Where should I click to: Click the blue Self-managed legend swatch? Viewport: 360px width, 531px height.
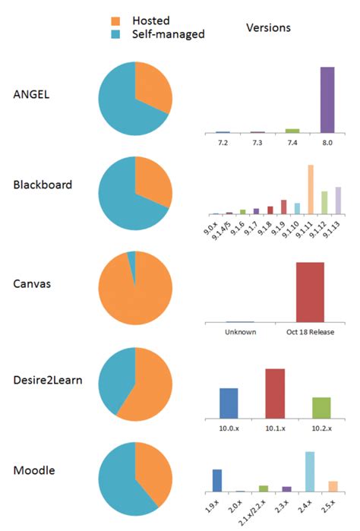pos(115,34)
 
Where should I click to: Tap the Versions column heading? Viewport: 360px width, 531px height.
pos(268,28)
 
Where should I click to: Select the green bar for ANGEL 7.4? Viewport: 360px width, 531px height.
pos(292,131)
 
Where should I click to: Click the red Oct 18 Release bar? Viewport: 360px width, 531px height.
pos(310,292)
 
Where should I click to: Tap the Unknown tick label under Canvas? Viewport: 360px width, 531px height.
pos(240,332)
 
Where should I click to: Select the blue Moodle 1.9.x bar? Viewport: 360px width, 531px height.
pos(217,480)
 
